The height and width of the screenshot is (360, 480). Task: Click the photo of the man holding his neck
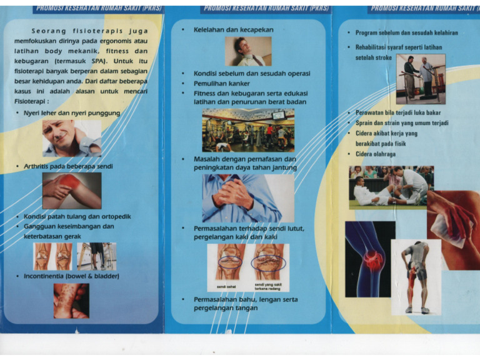point(71,138)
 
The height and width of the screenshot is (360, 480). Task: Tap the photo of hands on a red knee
point(71,191)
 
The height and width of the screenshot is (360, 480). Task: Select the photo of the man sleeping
point(248,51)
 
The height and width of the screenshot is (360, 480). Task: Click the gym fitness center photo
point(247,131)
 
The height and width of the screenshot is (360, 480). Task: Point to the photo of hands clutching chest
point(247,198)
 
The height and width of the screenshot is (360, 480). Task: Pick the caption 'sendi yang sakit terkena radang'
point(269,286)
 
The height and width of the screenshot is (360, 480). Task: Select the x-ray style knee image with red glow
point(370,259)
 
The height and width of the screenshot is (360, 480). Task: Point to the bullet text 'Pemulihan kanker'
point(221,83)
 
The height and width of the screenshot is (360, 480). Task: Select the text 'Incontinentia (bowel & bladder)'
point(71,276)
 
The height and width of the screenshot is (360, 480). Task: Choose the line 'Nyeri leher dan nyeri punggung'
point(71,113)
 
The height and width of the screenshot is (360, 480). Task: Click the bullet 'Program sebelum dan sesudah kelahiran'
point(406,32)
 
